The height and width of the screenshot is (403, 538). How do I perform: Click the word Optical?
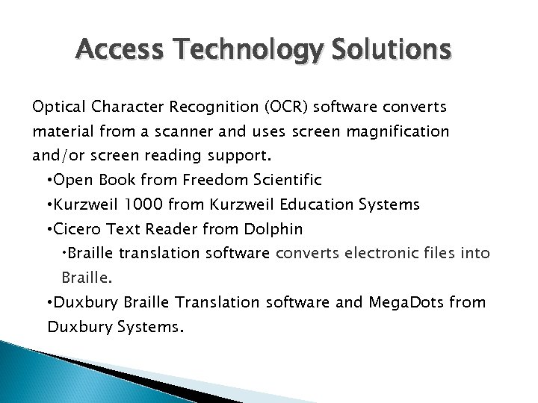point(56,107)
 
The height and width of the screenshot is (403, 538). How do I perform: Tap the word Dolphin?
point(278,229)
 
